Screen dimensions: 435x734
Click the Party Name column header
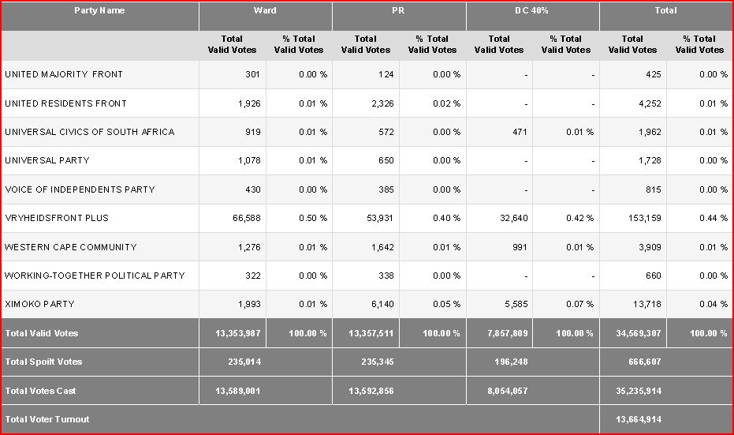(x=99, y=11)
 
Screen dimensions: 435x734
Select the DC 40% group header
(x=531, y=11)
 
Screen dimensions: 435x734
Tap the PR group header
(x=399, y=11)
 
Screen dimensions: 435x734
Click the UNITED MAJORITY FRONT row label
(x=64, y=75)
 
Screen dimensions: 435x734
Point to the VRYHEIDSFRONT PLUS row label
(x=57, y=218)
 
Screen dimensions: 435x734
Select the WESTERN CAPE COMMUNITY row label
(x=71, y=247)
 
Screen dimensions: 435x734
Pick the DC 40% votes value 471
(x=517, y=132)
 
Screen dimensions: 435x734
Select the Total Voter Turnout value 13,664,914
(x=632, y=419)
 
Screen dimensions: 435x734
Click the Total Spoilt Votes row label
(x=44, y=362)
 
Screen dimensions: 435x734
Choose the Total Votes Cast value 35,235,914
(x=632, y=391)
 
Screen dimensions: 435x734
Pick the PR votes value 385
(x=384, y=189)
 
